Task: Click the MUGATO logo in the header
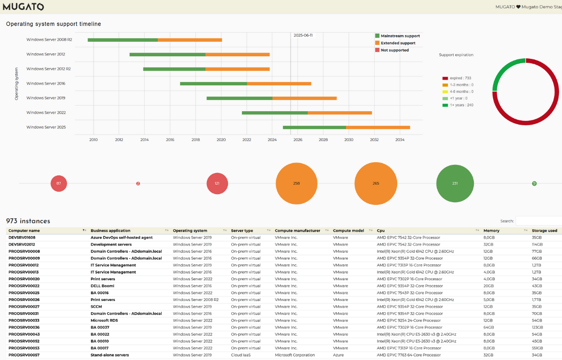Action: (x=23, y=7)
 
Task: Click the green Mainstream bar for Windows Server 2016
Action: (x=214, y=83)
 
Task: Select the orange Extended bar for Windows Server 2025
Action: (x=378, y=127)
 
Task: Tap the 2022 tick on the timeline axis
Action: (x=247, y=140)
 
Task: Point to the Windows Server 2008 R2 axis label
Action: (x=49, y=40)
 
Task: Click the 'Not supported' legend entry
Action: (x=394, y=50)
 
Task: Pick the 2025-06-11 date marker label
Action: (x=303, y=35)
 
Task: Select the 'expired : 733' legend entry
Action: (x=460, y=78)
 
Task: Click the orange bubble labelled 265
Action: (x=376, y=183)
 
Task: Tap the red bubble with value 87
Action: (x=59, y=183)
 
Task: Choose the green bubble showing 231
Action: (x=455, y=183)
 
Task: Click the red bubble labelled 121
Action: (x=217, y=183)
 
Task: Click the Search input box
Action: (x=539, y=221)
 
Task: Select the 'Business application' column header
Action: (x=111, y=231)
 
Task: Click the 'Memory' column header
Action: (x=491, y=231)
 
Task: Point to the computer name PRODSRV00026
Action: (x=24, y=300)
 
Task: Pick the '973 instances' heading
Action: (x=28, y=221)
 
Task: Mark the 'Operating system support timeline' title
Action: (x=53, y=24)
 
